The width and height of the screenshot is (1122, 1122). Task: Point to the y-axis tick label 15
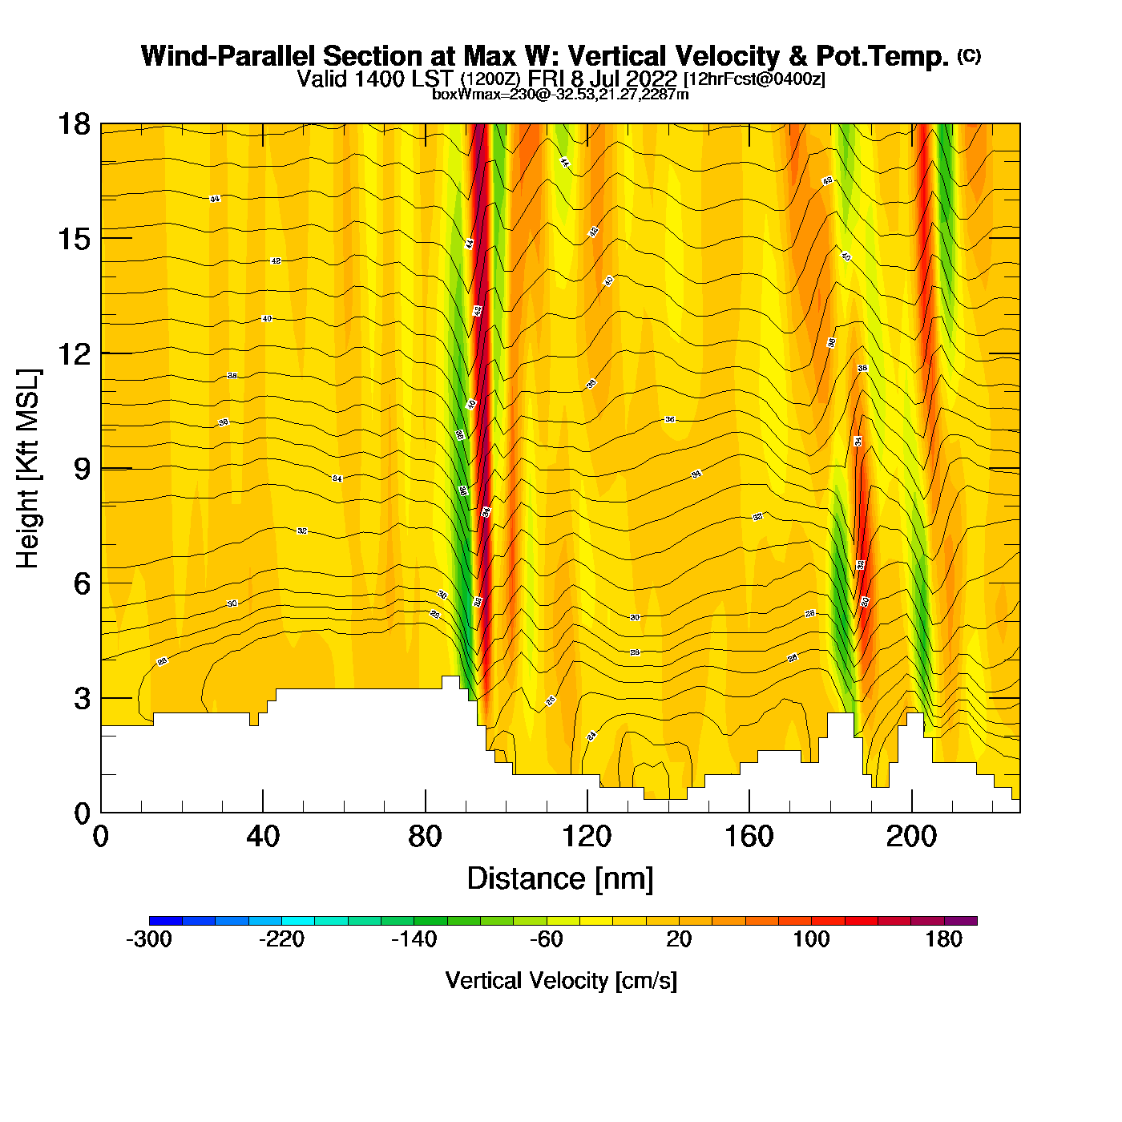pyautogui.click(x=73, y=239)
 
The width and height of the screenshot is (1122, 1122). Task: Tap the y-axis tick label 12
pyautogui.click(x=73, y=353)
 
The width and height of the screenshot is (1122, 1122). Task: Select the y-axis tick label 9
pyautogui.click(x=82, y=469)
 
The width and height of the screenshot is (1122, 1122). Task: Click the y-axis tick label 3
pyautogui.click(x=82, y=698)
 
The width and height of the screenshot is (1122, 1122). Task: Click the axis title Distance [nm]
pyautogui.click(x=560, y=879)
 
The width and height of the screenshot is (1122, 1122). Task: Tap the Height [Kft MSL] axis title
pyautogui.click(x=28, y=469)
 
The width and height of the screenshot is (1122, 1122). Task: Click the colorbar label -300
pyautogui.click(x=149, y=940)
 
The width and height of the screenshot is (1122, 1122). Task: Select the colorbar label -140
pyautogui.click(x=414, y=940)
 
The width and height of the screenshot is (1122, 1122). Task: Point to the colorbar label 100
pyautogui.click(x=811, y=940)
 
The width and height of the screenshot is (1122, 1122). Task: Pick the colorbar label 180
pyautogui.click(x=943, y=940)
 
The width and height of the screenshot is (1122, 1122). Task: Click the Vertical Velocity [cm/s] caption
pyautogui.click(x=561, y=981)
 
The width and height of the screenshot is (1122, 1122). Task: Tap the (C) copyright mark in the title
pyautogui.click(x=969, y=55)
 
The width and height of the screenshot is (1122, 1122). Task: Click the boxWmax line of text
pyautogui.click(x=560, y=94)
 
